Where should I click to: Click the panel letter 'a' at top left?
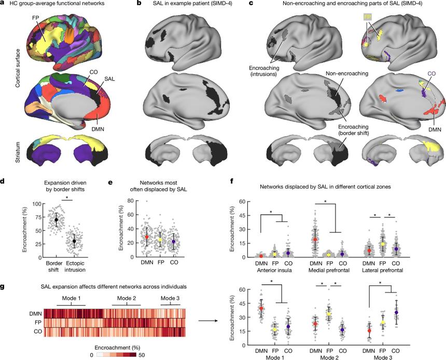click(3, 4)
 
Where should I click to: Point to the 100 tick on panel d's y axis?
click(36, 204)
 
